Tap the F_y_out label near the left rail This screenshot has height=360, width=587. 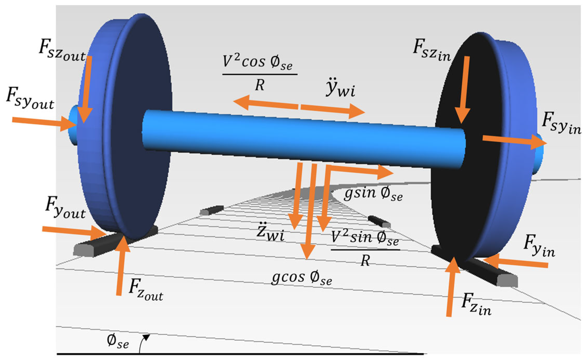pos(65,208)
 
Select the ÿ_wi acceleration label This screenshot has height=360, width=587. pos(340,88)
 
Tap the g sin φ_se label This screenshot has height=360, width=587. pos(373,194)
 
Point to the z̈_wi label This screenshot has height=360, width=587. pos(270,232)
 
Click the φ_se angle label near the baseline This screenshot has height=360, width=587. pos(118,341)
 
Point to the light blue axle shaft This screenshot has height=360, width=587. pos(304,139)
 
